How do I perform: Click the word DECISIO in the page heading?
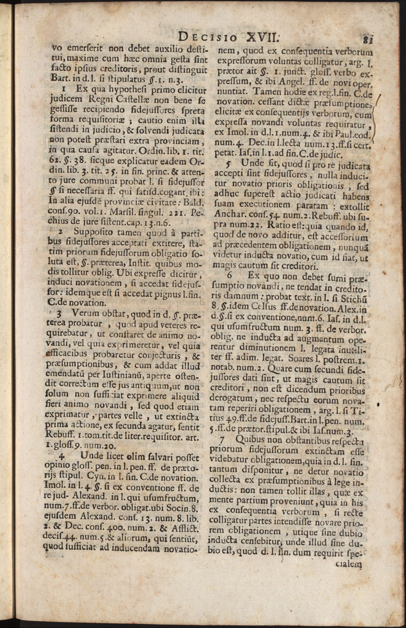coord(208,36)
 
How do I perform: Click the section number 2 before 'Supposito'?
coord(60,232)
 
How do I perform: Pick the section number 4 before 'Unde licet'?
coord(63,456)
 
